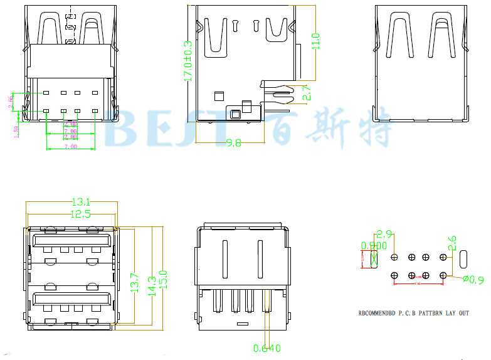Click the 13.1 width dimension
(x=81, y=202)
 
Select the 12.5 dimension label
(x=80, y=214)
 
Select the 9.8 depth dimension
(x=233, y=143)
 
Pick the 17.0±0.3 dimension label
(x=187, y=61)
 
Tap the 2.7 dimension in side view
(x=307, y=93)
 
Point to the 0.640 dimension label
(x=267, y=348)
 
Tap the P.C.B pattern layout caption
(x=413, y=312)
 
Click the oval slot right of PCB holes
(x=463, y=258)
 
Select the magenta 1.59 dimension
(x=16, y=130)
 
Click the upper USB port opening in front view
(x=71, y=241)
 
